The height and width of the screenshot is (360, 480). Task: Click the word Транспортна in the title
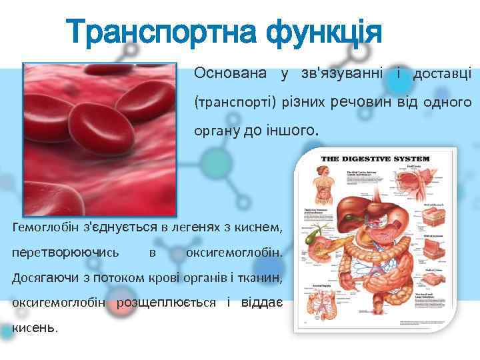(160, 32)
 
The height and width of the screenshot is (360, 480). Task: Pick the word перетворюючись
(66, 253)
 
